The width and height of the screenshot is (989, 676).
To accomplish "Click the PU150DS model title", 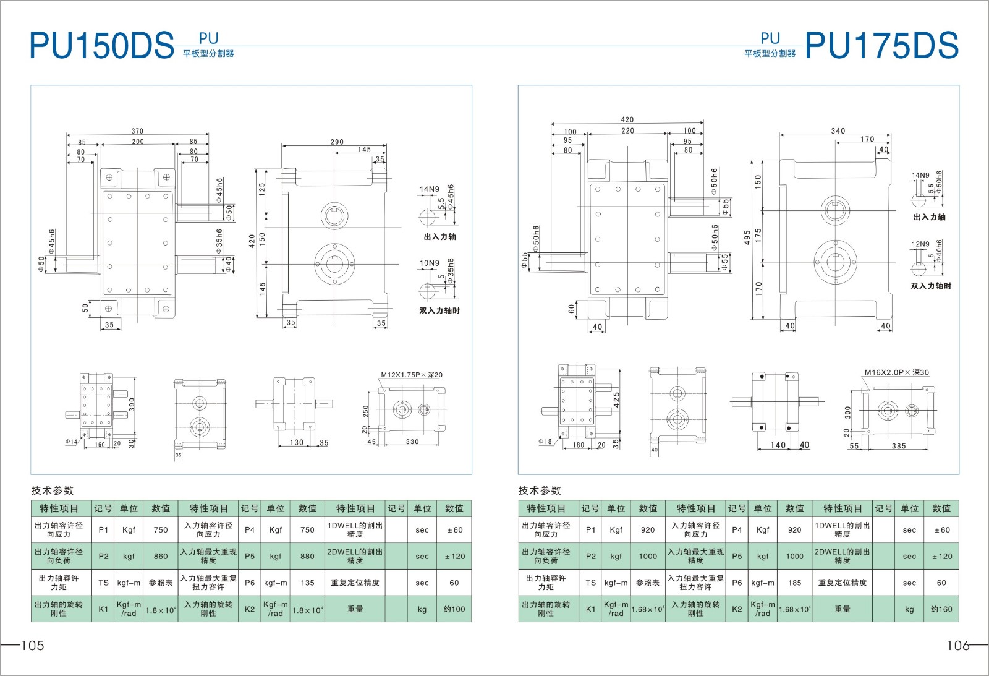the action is tap(101, 45).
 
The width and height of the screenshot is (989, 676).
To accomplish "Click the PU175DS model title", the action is tap(881, 45).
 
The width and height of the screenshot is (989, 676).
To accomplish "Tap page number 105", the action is tap(33, 646).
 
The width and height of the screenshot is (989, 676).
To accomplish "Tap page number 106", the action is tap(958, 646).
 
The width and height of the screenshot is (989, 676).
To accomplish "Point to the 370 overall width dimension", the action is tap(137, 130).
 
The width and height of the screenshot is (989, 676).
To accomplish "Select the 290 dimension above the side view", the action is tap(337, 142).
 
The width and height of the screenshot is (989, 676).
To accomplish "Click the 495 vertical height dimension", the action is tap(747, 237).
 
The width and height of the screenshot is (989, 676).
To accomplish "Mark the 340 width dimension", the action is tap(838, 130).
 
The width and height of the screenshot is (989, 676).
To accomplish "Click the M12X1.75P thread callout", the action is tap(412, 375).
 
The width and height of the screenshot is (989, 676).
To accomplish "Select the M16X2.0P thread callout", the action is tap(896, 372).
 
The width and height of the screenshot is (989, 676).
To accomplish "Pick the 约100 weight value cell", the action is tap(454, 609).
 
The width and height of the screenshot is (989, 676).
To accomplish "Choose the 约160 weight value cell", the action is tap(941, 609).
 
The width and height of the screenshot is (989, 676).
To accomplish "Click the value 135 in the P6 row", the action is tap(307, 583).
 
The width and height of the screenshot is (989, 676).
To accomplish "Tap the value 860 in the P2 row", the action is tap(161, 556).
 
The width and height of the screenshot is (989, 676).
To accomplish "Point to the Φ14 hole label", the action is tap(71, 442).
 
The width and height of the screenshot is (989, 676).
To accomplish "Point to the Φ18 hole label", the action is tap(545, 442).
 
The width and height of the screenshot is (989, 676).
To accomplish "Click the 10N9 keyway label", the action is tap(429, 263).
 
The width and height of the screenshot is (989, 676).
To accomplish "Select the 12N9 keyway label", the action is tap(920, 244).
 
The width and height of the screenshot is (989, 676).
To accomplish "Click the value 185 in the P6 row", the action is tap(795, 583).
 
